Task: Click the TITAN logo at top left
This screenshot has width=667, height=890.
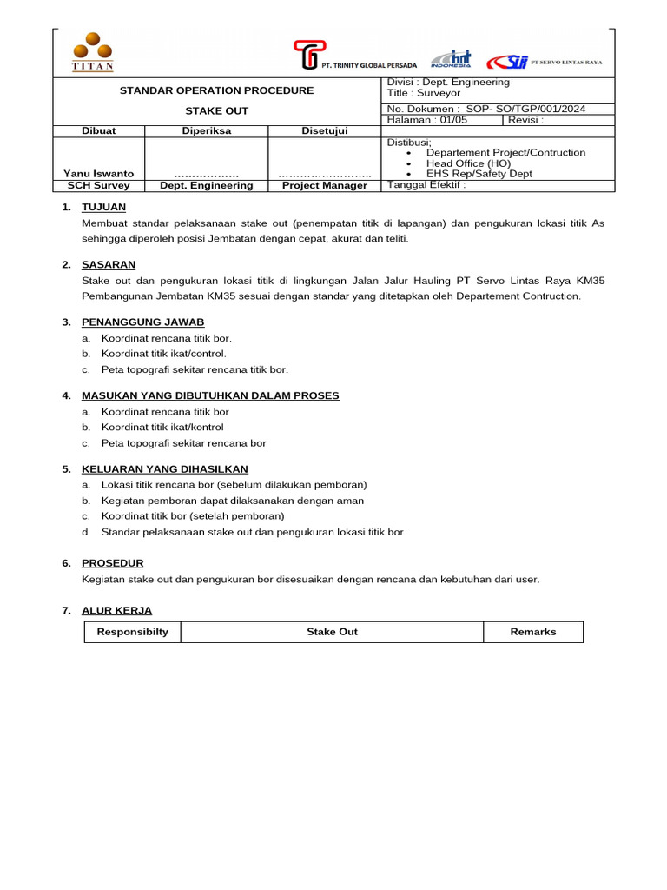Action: click(91, 52)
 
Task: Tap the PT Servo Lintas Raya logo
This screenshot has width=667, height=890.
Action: click(545, 62)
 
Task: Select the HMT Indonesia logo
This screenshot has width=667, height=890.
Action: click(451, 58)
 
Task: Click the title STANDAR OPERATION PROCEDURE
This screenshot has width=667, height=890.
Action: click(216, 90)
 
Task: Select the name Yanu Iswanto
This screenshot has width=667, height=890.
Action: click(98, 173)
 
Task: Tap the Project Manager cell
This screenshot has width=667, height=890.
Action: click(324, 185)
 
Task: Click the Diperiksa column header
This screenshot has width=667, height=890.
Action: click(206, 130)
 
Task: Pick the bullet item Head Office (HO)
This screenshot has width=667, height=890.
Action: click(468, 163)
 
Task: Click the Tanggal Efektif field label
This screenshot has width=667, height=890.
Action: click(426, 184)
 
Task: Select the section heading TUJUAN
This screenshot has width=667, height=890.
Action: click(103, 206)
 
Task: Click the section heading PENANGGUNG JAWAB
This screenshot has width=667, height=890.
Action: click(142, 322)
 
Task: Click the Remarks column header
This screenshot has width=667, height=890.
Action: click(532, 632)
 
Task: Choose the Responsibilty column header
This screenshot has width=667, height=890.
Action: click(132, 632)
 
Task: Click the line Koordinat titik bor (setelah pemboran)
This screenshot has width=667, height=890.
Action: click(193, 515)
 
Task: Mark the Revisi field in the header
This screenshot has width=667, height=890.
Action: click(526, 120)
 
